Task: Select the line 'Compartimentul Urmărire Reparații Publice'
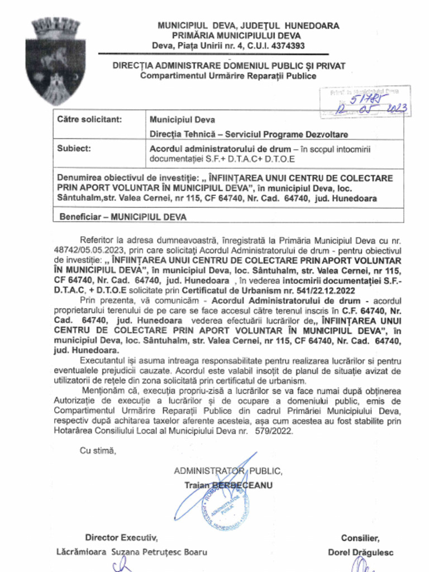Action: pos(228,76)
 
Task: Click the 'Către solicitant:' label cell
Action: pos(89,119)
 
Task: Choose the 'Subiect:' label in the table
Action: pos(74,149)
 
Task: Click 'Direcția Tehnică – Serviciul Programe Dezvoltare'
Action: pos(249,134)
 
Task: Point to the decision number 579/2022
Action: pos(270,431)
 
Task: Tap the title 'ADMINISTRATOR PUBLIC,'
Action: pos(228,471)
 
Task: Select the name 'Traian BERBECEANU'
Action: pos(228,485)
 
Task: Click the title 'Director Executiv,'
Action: pos(121,537)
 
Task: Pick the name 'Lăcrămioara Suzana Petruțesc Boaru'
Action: pos(132,552)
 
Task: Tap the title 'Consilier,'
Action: pos(360,538)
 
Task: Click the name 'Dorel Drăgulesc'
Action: pos(360,552)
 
